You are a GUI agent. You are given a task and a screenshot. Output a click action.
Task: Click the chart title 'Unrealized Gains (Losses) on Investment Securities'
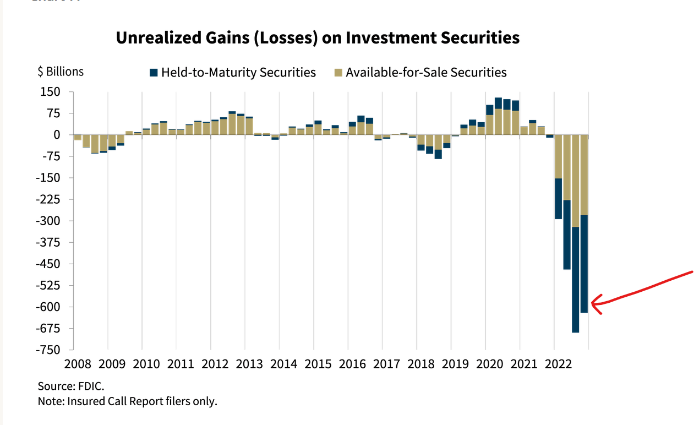(318, 37)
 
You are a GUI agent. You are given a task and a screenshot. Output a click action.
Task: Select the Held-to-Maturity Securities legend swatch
(154, 72)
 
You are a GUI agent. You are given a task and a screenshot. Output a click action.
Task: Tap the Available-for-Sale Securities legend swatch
(338, 72)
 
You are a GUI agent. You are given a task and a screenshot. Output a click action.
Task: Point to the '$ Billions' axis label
(61, 72)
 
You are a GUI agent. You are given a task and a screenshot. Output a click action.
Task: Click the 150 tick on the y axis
(53, 92)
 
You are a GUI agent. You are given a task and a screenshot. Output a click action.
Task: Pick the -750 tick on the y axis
(50, 350)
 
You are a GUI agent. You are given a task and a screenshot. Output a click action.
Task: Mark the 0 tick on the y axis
(57, 135)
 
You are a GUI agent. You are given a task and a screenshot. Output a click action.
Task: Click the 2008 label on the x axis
(78, 364)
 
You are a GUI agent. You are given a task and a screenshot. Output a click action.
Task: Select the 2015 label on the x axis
(319, 364)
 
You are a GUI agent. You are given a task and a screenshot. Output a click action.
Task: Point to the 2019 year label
(456, 364)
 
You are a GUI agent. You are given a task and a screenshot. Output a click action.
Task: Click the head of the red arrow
(593, 303)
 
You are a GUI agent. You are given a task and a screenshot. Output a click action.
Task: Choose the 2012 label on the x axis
(215, 364)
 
